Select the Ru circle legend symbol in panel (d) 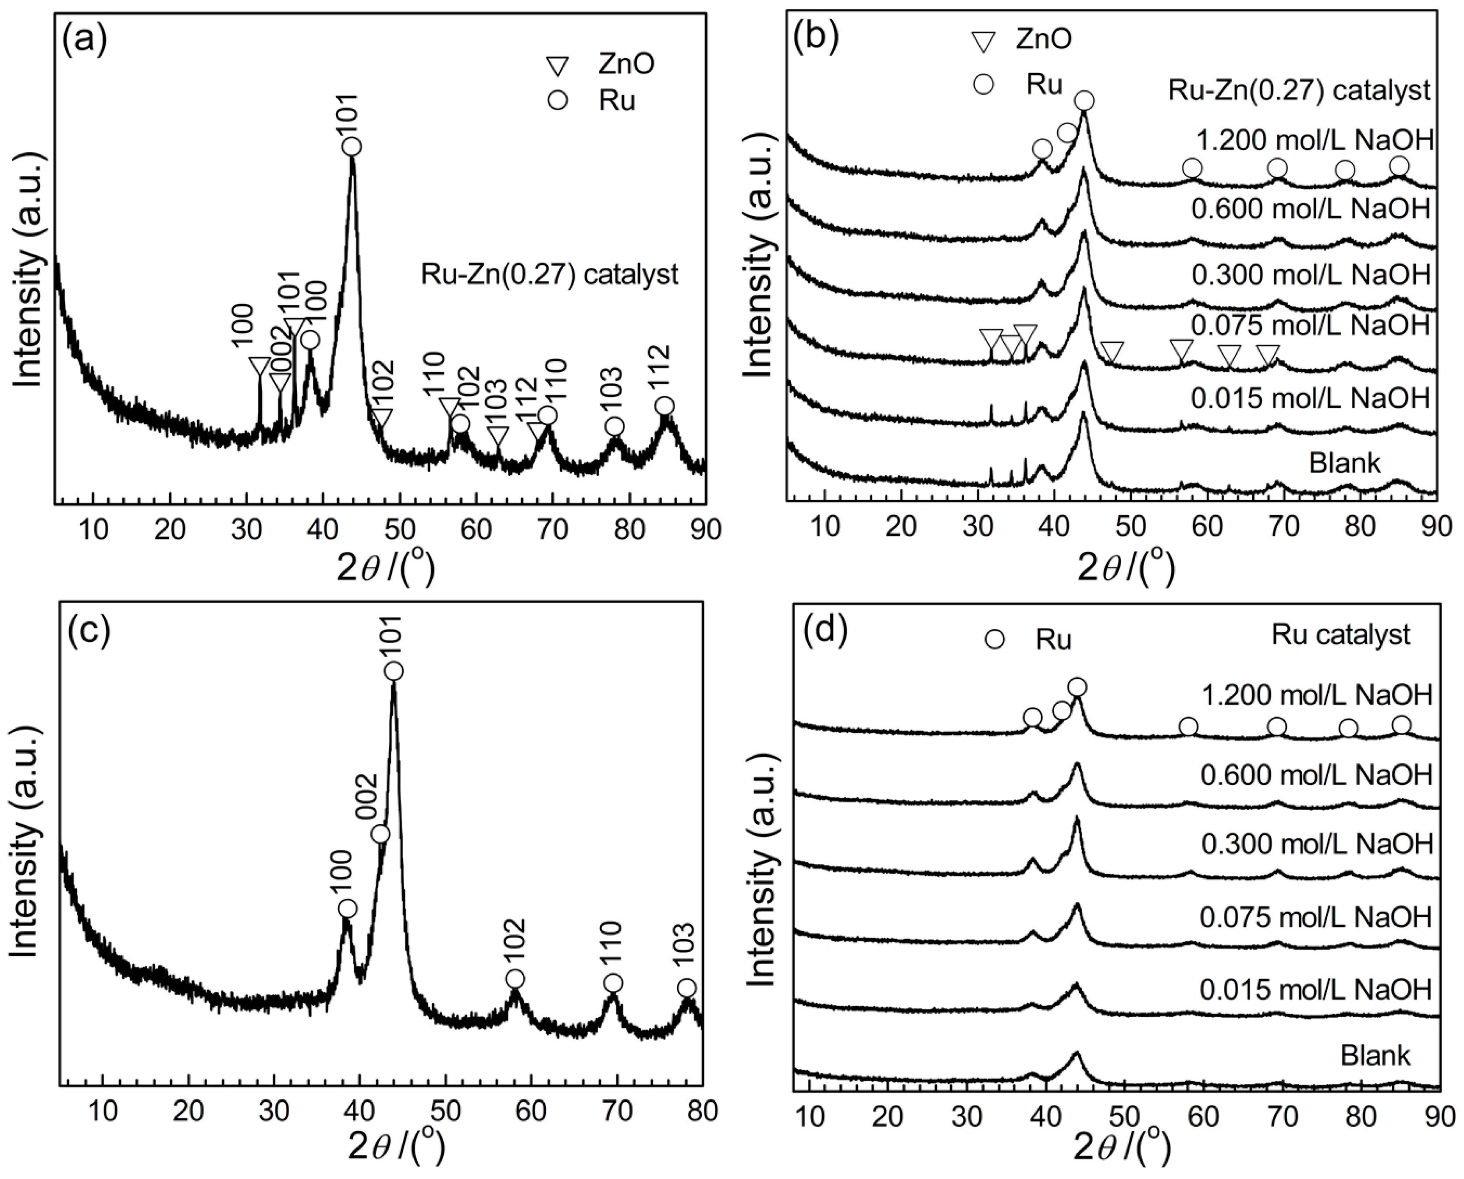(x=995, y=640)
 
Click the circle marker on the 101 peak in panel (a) (x=351, y=147)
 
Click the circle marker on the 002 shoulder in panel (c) (x=380, y=834)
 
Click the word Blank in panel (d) (x=1375, y=1056)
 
